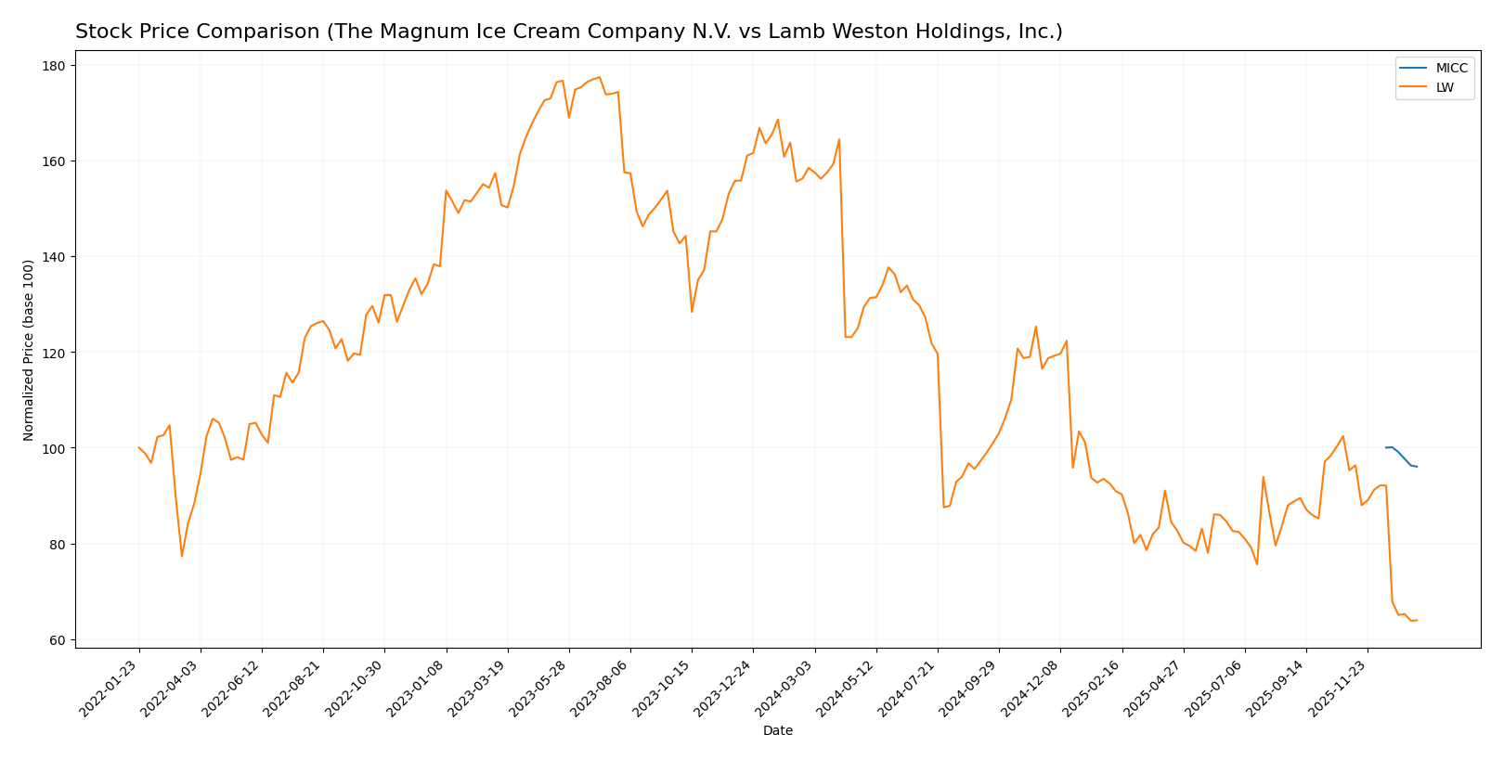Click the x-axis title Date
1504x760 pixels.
[x=778, y=731]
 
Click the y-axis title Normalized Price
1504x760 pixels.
[x=29, y=350]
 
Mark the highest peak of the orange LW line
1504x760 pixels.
[x=600, y=77]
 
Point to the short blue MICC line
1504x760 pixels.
[x=1401, y=456]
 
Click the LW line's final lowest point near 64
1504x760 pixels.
[x=1411, y=620]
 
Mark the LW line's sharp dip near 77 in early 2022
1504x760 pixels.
[x=182, y=556]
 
